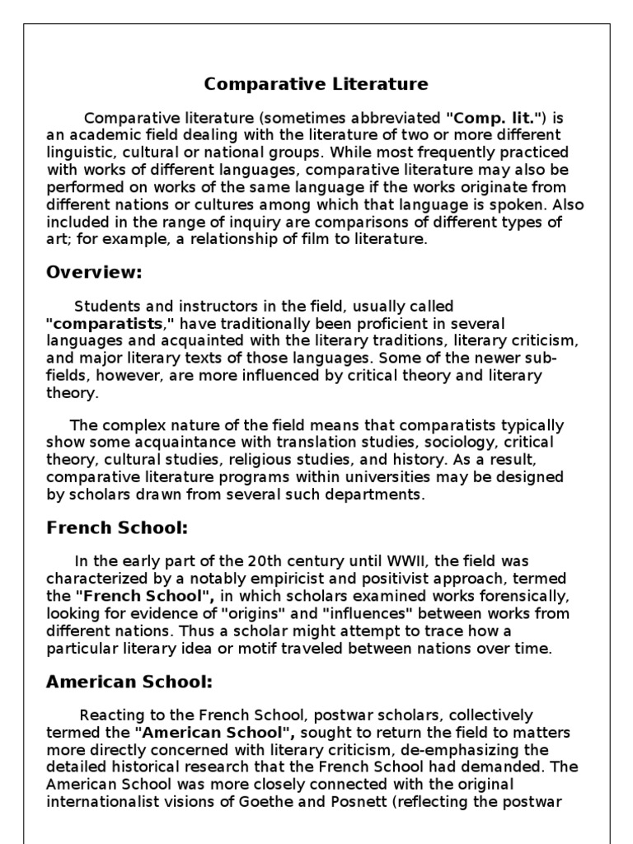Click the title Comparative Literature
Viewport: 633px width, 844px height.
coord(316,84)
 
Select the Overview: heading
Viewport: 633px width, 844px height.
coord(94,272)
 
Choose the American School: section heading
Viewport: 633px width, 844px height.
coord(129,682)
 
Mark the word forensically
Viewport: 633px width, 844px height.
coord(513,597)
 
